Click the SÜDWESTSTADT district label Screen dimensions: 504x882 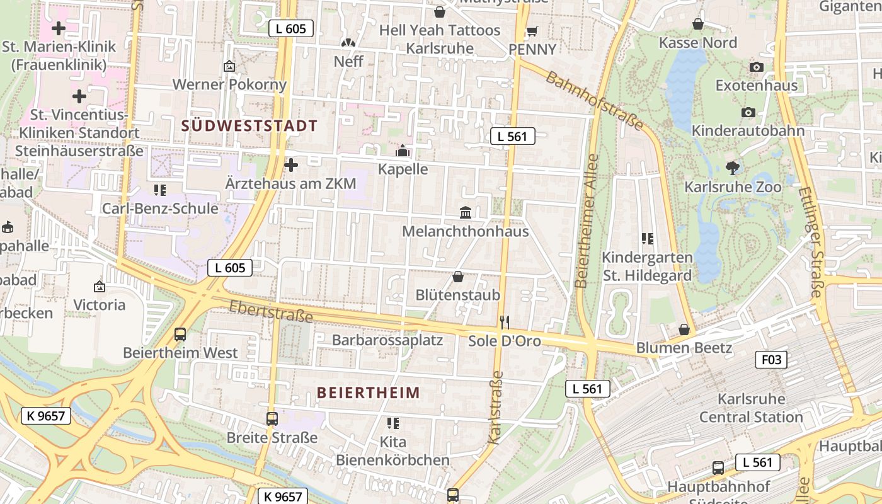(x=249, y=125)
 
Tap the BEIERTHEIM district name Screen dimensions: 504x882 (x=368, y=392)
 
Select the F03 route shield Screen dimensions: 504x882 (x=770, y=360)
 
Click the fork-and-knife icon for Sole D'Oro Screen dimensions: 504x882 (x=504, y=323)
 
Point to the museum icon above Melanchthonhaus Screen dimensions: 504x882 (x=466, y=213)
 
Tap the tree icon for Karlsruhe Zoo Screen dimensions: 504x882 (x=732, y=168)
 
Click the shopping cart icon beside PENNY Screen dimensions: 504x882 (x=532, y=31)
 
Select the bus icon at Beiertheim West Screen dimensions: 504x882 (x=180, y=335)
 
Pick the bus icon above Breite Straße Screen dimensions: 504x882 (x=272, y=419)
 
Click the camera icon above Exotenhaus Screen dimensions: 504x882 (x=757, y=67)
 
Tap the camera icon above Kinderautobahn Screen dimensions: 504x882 (x=748, y=113)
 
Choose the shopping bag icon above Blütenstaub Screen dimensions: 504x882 (x=458, y=277)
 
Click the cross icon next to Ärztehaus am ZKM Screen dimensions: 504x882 (x=291, y=166)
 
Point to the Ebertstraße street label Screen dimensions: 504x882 (x=271, y=311)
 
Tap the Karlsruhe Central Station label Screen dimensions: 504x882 (x=751, y=408)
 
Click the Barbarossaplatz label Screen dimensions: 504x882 (x=387, y=340)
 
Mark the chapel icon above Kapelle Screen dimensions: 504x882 (x=402, y=151)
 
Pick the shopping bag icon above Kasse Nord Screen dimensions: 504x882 (x=698, y=25)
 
